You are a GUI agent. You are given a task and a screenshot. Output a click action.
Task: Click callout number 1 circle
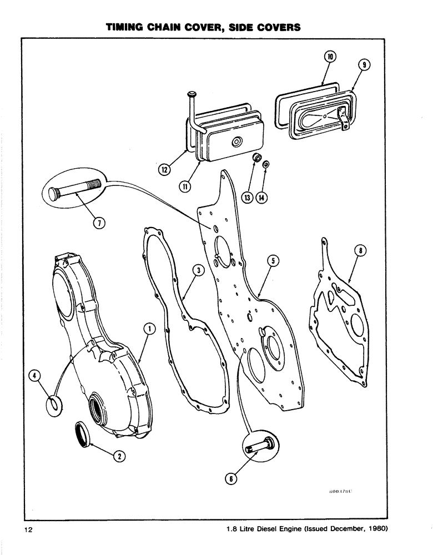coord(148,329)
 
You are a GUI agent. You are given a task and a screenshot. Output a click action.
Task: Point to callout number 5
coord(273,260)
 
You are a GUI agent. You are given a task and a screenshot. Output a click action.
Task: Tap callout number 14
coord(261,196)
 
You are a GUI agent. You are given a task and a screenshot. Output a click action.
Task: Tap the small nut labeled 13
coord(257,159)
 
